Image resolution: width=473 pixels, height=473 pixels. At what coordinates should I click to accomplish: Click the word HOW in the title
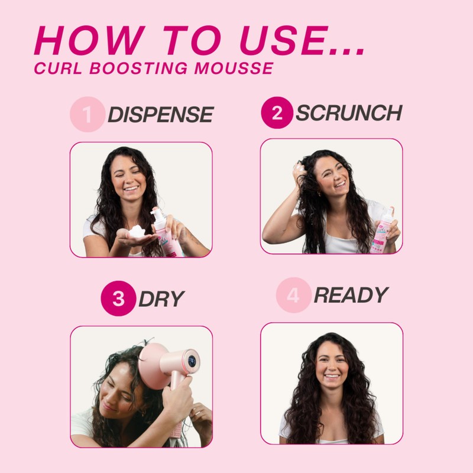83,42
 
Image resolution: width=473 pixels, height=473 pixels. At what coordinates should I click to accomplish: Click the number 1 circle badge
87,115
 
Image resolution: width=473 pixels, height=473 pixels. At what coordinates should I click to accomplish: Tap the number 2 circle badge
277,112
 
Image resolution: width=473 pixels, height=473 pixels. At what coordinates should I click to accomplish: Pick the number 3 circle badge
118,298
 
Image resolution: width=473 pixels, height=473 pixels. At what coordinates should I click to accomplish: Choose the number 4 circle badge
293,296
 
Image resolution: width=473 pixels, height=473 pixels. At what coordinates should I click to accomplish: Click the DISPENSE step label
160,115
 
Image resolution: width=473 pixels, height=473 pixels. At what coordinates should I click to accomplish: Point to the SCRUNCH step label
348,112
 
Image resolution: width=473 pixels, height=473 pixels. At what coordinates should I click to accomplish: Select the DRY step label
161,299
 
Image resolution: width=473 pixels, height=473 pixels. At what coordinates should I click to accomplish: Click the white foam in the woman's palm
137,231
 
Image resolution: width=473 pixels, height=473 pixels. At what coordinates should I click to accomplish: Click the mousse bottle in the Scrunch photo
381,234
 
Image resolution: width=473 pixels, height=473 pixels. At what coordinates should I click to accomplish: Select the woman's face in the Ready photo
331,364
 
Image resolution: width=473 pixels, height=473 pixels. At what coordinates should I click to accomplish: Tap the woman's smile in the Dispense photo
132,189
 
